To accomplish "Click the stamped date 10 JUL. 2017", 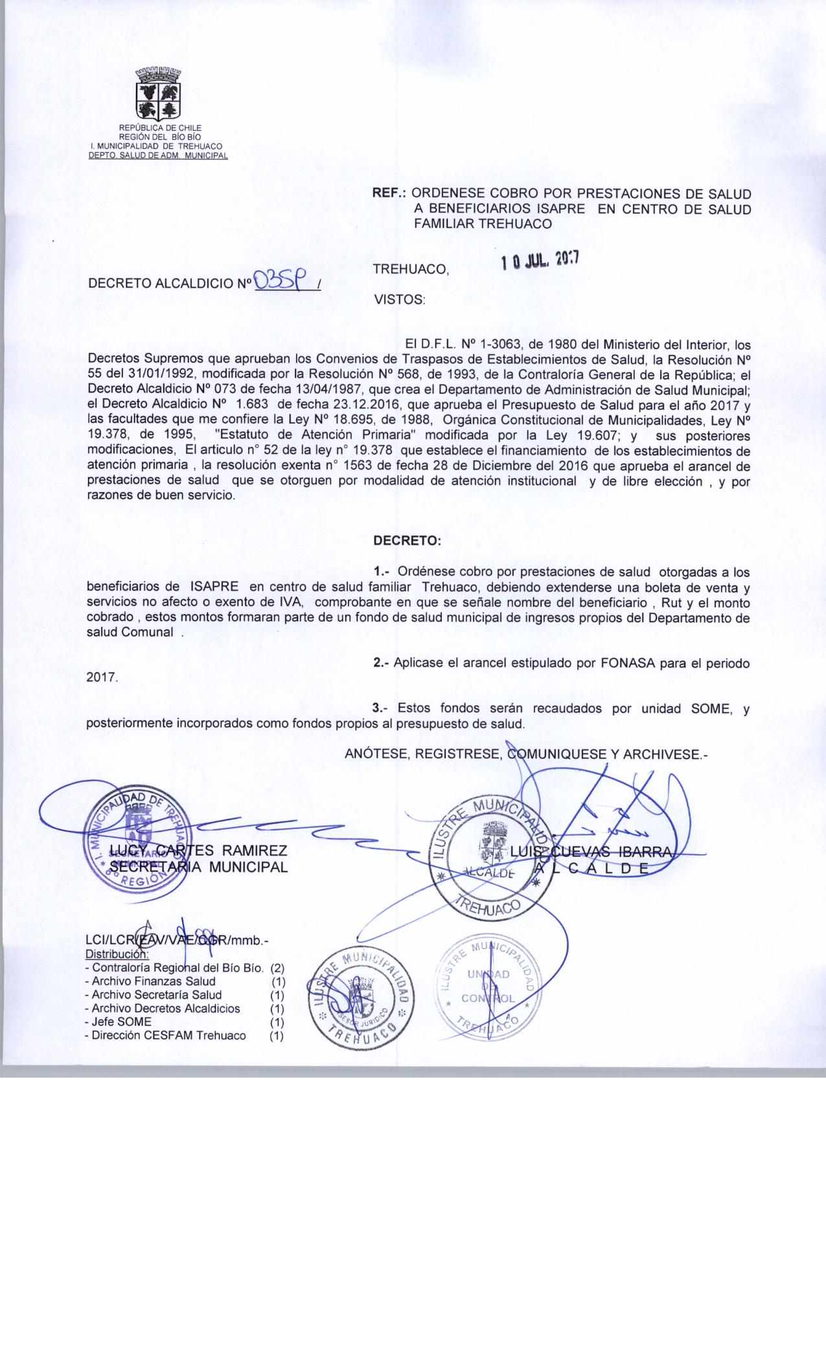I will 540,261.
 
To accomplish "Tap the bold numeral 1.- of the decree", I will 382,572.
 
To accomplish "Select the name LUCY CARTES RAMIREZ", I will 198,850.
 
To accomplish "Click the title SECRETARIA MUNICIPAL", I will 198,867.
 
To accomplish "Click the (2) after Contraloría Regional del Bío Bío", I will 277,968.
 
